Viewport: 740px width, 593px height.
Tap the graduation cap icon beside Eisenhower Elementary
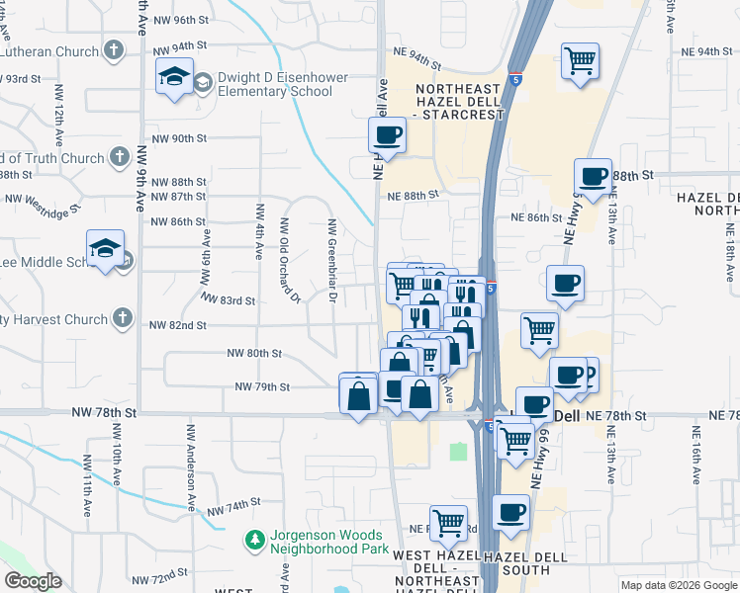pyautogui.click(x=174, y=76)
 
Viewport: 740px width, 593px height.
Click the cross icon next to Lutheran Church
pyautogui.click(x=114, y=48)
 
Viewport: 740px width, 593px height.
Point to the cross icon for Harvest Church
pyautogui.click(x=121, y=318)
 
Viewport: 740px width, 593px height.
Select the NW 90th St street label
pyautogui.click(x=174, y=138)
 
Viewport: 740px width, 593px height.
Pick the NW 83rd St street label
pyautogui.click(x=228, y=298)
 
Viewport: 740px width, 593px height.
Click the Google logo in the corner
pyautogui.click(x=33, y=581)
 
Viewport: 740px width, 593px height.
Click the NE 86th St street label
pyautogui.click(x=535, y=217)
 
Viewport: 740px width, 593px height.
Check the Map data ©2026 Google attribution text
pyautogui.click(x=678, y=585)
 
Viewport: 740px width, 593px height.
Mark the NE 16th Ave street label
pyautogui.click(x=696, y=453)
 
